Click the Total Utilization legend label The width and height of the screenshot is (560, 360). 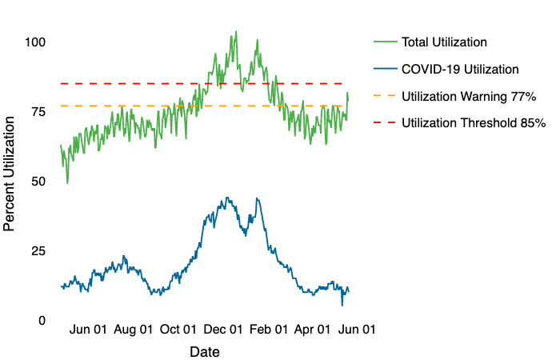(444, 42)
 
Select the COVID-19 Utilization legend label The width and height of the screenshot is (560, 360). (461, 70)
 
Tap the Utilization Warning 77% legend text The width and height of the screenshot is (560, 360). (469, 97)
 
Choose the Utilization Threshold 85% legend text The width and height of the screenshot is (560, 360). (474, 123)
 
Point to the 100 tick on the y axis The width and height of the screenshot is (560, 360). (35, 42)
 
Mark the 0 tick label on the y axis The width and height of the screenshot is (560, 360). (42, 321)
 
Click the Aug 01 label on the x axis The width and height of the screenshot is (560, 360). (133, 329)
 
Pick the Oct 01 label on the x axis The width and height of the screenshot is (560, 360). (178, 329)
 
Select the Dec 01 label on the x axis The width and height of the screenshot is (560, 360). (223, 329)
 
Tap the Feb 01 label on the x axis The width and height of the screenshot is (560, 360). (269, 329)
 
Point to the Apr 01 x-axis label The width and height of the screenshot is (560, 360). (313, 329)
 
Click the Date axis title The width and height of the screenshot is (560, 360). (205, 351)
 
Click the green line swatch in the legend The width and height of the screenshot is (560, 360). (385, 42)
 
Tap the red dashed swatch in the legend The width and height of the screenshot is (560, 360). (385, 123)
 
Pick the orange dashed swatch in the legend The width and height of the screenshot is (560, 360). (385, 97)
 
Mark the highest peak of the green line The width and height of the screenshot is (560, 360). (235, 32)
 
